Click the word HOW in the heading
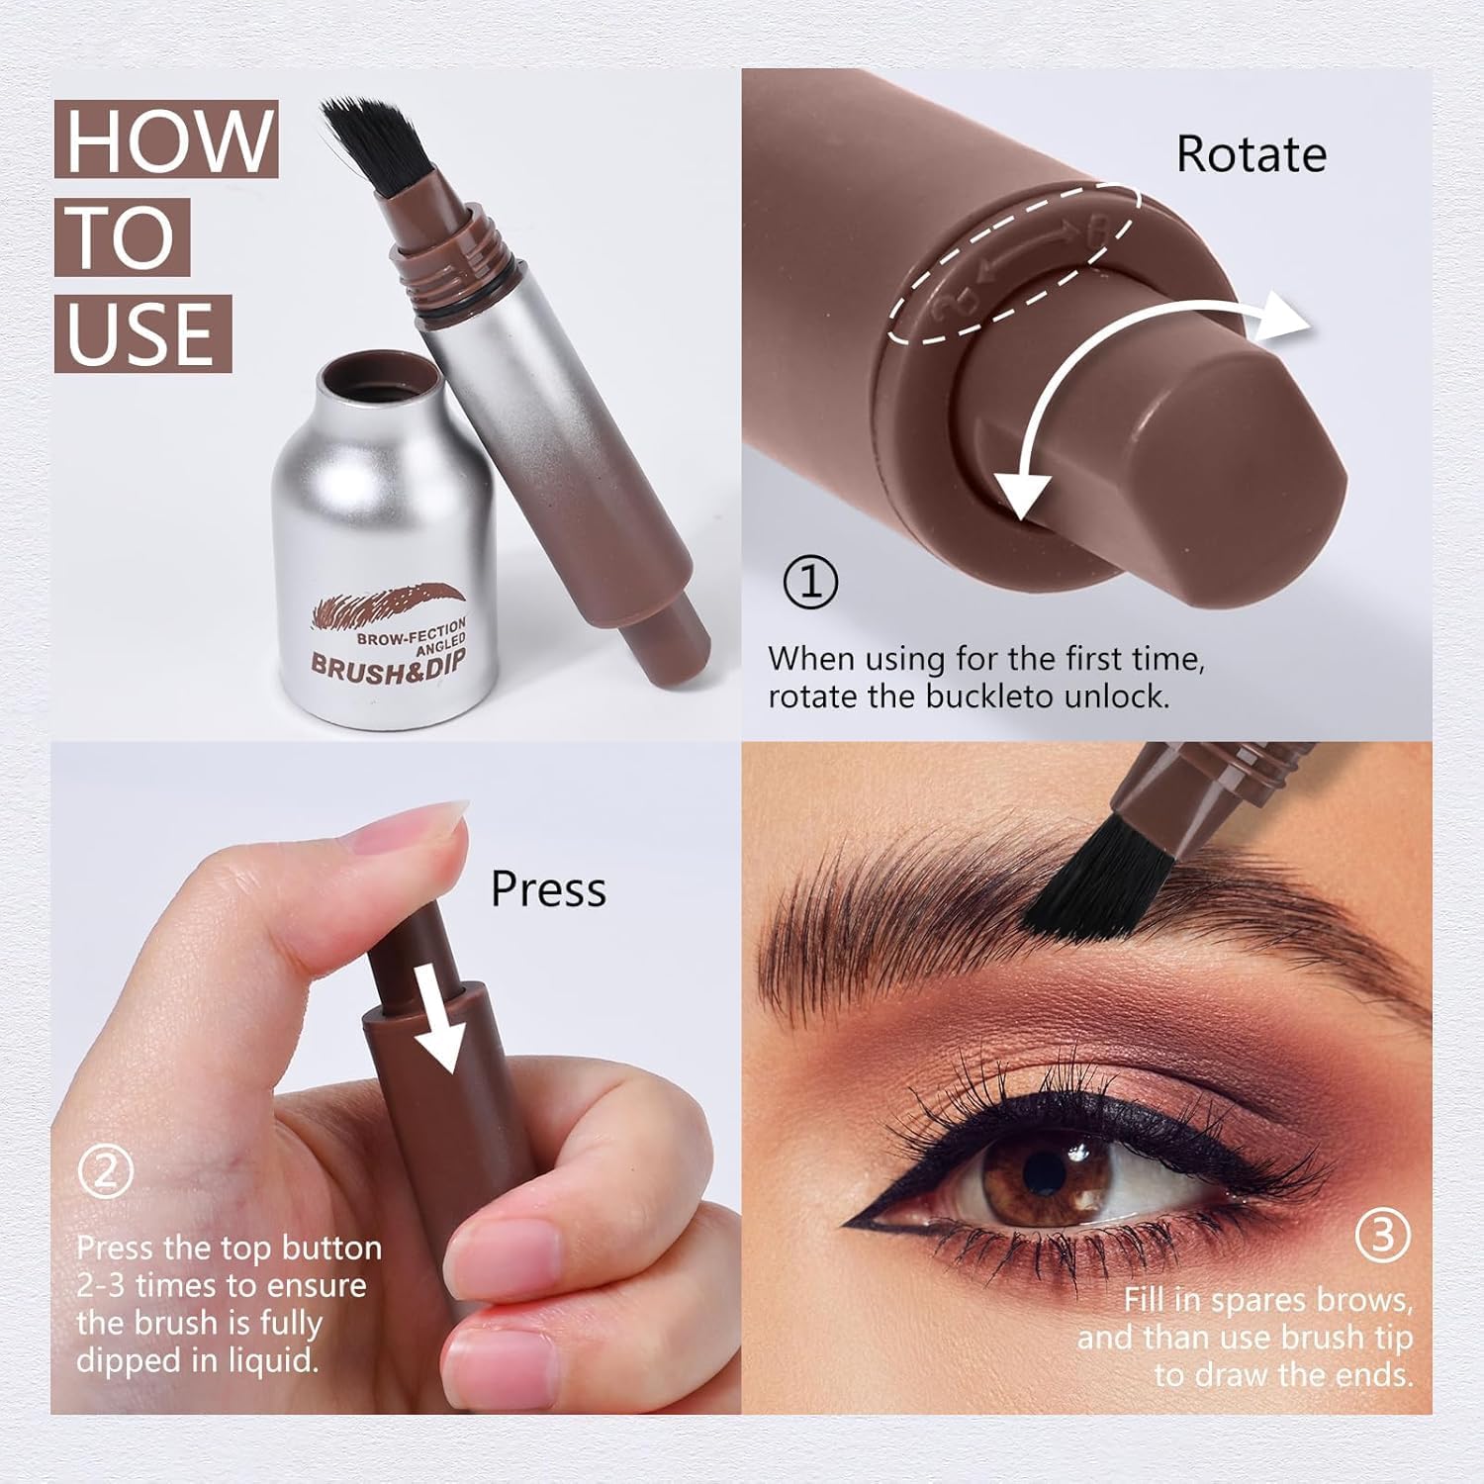(166, 140)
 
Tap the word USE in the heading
(142, 332)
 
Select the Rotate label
(1251, 155)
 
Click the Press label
(548, 888)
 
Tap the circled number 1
(810, 583)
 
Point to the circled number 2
(105, 1171)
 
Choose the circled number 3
(1381, 1236)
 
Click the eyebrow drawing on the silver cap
(386, 605)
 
